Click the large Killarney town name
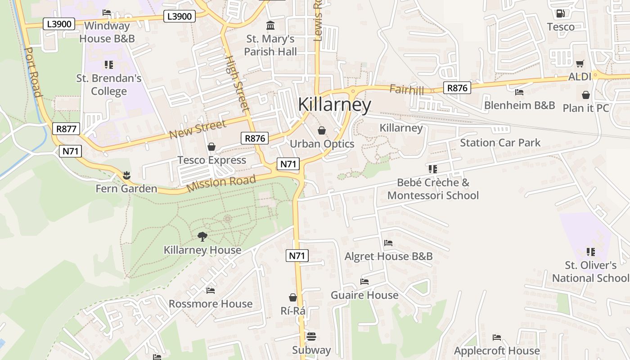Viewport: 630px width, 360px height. coord(334,105)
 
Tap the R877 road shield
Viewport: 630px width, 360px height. coord(66,129)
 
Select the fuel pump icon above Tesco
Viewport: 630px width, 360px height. coord(560,14)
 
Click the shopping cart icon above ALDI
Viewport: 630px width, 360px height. coord(580,64)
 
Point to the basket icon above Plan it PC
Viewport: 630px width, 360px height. coord(586,95)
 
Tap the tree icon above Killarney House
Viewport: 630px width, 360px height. coord(202,236)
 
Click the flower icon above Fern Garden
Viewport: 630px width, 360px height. coord(126,175)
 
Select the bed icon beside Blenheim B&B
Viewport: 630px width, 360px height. coord(519,92)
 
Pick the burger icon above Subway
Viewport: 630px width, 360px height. coord(311,337)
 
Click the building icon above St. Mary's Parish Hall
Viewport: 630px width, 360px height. coord(270,25)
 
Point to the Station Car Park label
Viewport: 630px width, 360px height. coord(500,143)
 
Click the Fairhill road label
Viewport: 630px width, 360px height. coord(407,90)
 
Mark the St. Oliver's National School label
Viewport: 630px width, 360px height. coord(591,271)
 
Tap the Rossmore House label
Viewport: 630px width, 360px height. coord(211,304)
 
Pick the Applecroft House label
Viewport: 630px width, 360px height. coord(497,351)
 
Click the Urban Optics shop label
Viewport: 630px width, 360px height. coord(322,144)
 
